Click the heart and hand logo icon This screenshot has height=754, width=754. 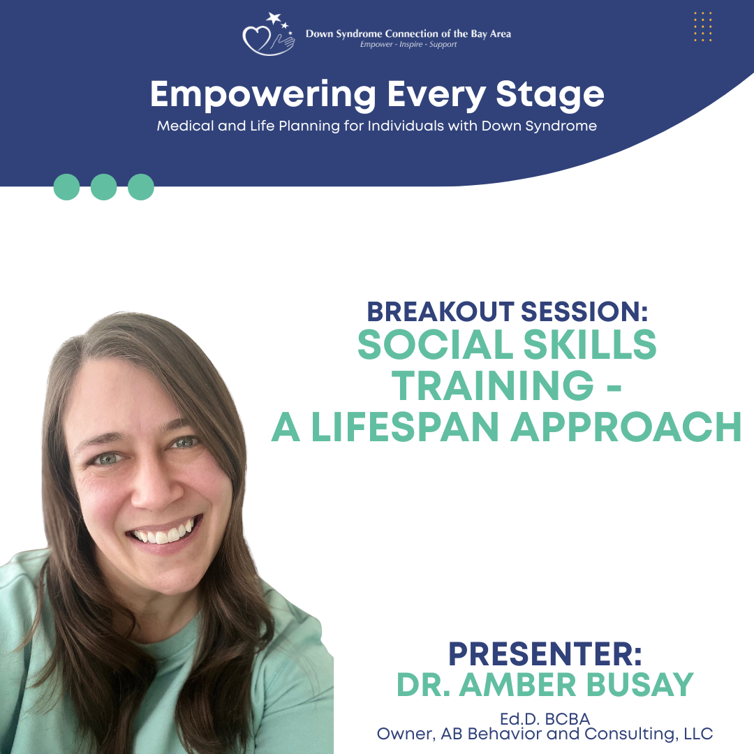coord(268,34)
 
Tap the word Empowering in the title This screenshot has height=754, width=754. coord(263,96)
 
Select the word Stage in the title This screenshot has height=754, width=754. coord(549,96)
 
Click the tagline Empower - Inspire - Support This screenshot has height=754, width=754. coord(408,45)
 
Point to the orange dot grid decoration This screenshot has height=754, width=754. coord(702,27)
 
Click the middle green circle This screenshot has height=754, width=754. coord(104,187)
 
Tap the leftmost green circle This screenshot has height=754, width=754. coord(66,187)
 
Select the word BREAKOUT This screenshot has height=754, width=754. coord(441,311)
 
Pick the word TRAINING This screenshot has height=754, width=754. coord(493,385)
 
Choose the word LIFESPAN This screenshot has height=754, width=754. coord(405,427)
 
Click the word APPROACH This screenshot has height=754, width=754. coord(626,427)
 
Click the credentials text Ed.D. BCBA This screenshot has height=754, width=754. coord(545,719)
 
